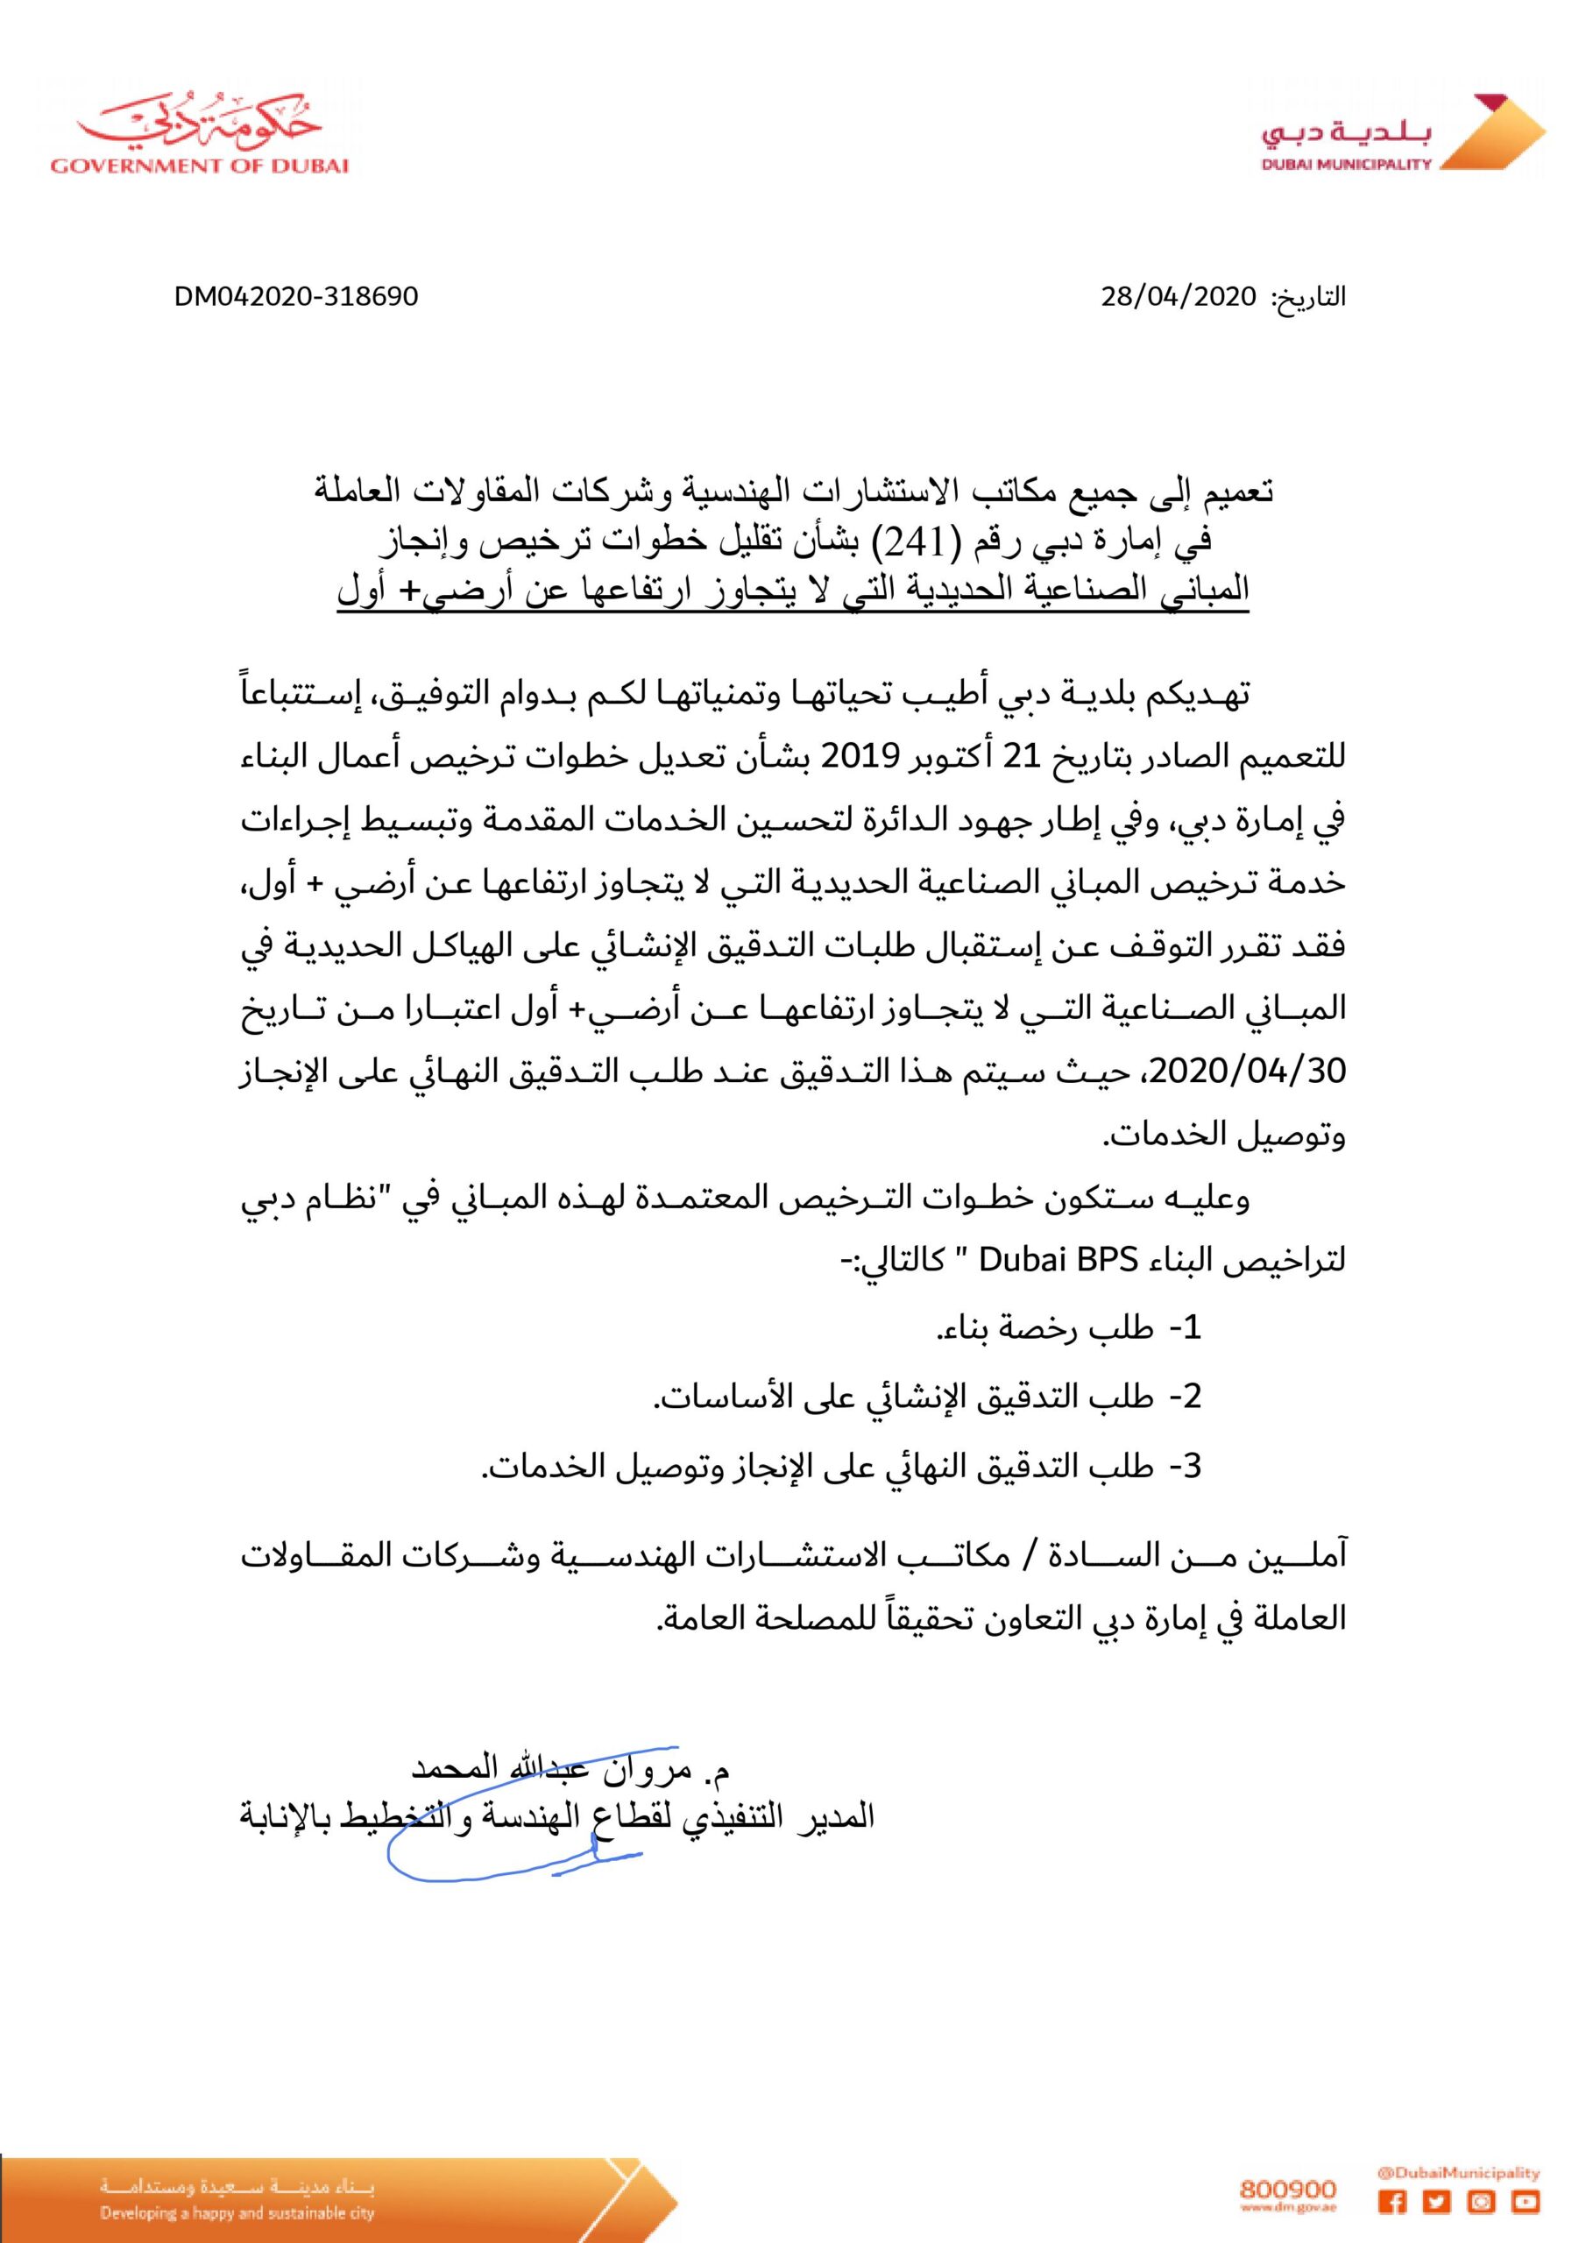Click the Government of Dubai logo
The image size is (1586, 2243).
200,136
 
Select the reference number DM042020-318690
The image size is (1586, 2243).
297,296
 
